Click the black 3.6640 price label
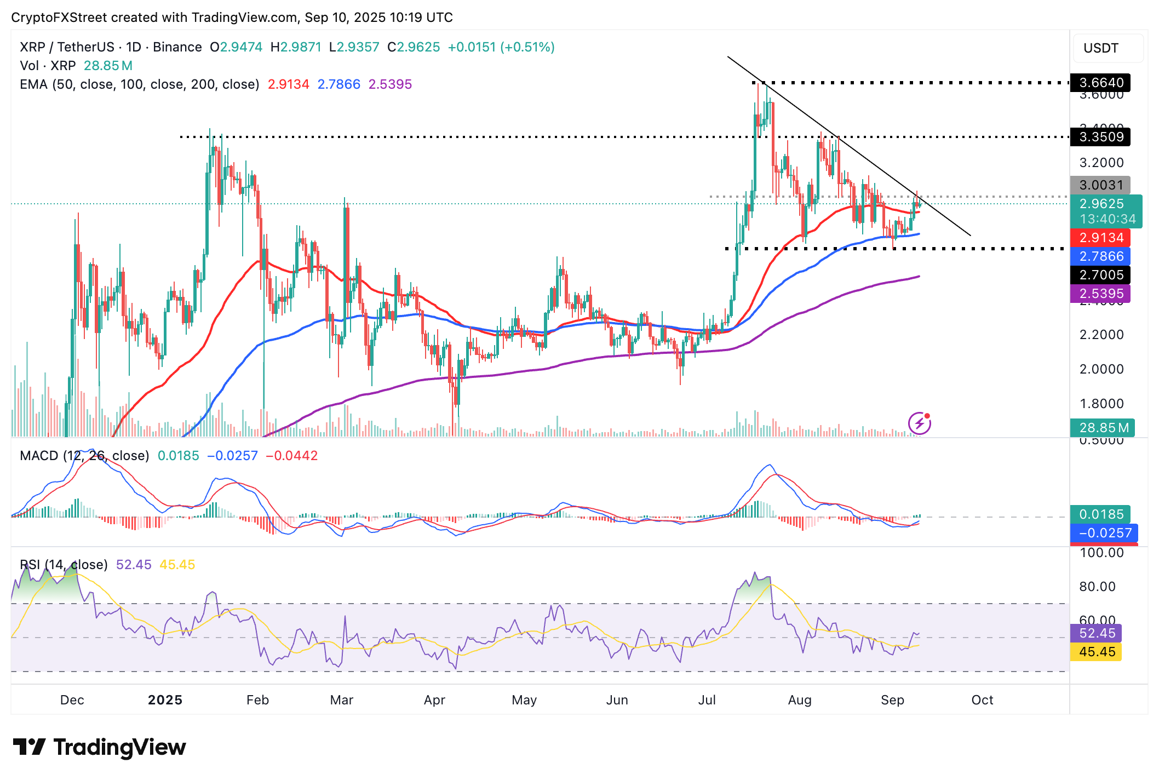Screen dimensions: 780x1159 point(1100,83)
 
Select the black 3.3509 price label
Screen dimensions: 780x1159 point(1100,137)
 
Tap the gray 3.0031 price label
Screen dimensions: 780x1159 point(1100,185)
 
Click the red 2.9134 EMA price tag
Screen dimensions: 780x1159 point(1100,238)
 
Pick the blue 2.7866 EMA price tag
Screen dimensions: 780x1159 point(1100,256)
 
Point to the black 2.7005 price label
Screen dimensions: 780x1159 point(1100,275)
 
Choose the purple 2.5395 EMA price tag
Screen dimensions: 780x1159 point(1100,294)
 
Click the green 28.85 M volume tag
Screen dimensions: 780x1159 point(1102,428)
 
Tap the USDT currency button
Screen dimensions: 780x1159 point(1101,48)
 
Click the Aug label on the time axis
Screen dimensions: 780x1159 point(800,700)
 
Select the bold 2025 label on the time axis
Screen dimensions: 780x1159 point(165,700)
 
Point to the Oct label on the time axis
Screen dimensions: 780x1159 point(982,700)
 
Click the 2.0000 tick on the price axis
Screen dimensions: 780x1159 point(1101,369)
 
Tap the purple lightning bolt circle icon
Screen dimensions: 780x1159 point(920,423)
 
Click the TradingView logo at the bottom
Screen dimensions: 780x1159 point(99,747)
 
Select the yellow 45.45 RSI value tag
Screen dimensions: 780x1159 point(1097,652)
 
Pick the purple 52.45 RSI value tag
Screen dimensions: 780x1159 point(1097,633)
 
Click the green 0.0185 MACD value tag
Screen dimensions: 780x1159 point(1100,514)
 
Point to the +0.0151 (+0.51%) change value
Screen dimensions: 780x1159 point(501,47)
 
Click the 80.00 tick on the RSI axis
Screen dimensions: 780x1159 point(1097,587)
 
